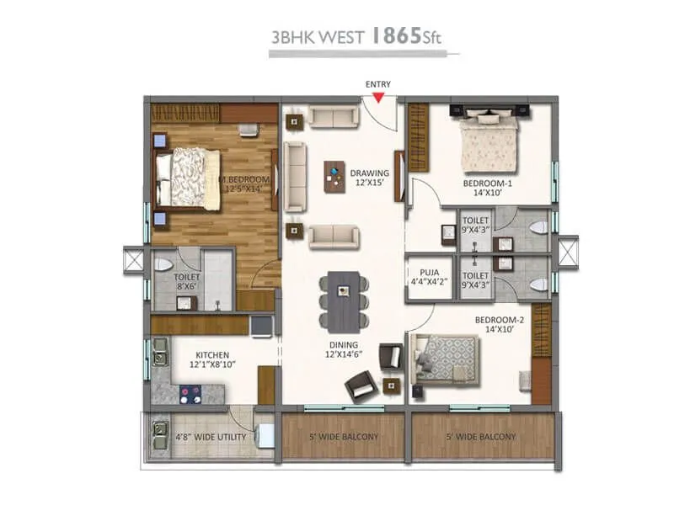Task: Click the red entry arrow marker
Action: point(379,98)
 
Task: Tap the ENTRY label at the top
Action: point(378,84)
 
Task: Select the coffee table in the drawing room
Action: point(334,177)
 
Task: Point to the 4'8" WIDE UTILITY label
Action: point(211,438)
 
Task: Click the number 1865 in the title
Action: point(402,37)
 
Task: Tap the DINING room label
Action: point(344,348)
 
